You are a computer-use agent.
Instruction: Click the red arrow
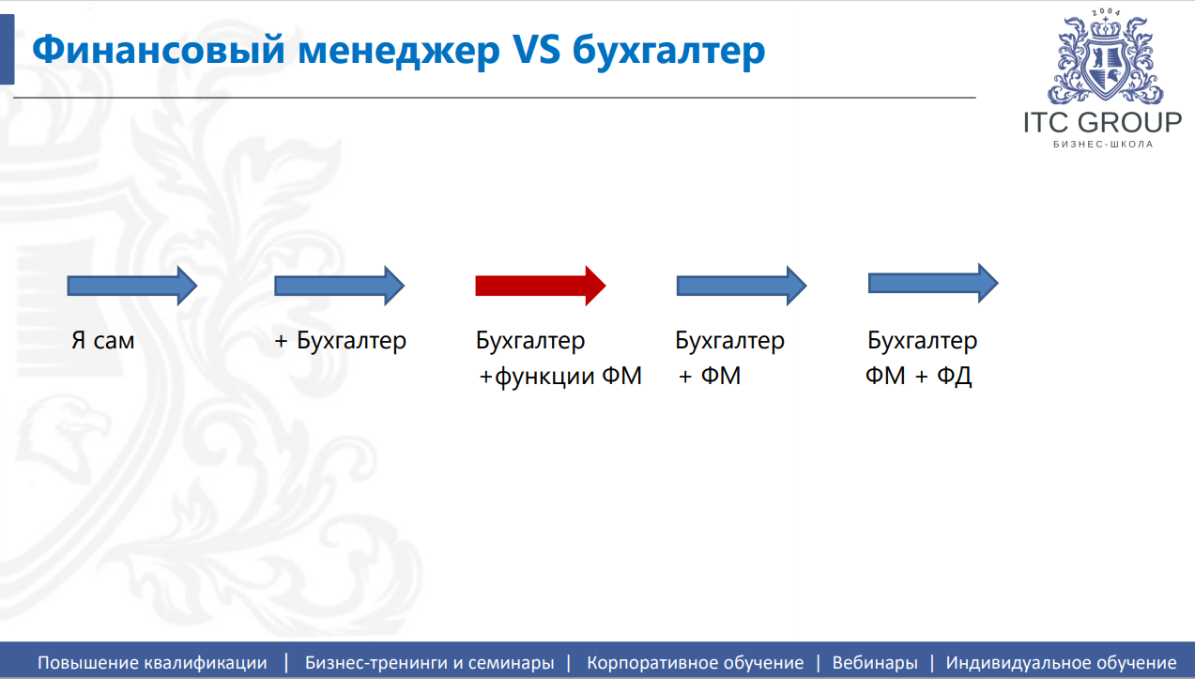(541, 285)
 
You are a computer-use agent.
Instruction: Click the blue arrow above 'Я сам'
(132, 286)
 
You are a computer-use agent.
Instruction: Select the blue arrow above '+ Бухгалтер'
(339, 286)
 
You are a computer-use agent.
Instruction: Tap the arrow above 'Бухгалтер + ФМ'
(742, 286)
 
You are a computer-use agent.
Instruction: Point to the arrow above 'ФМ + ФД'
(933, 283)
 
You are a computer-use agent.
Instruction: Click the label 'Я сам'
(102, 341)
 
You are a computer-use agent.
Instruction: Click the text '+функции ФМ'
(560, 377)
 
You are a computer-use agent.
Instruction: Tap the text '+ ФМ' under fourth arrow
(710, 376)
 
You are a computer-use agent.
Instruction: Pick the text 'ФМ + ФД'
(918, 377)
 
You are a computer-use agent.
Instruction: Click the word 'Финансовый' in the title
(159, 50)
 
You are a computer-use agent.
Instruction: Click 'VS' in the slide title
(536, 49)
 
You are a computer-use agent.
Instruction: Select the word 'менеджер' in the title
(399, 53)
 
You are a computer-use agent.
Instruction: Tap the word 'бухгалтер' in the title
(669, 52)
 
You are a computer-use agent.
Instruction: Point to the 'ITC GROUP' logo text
(1103, 122)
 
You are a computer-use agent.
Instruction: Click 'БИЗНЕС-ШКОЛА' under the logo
(1103, 145)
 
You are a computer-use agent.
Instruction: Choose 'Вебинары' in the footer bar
(875, 662)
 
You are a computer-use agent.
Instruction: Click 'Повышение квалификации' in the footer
(152, 663)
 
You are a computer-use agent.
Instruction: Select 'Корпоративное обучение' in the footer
(695, 663)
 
